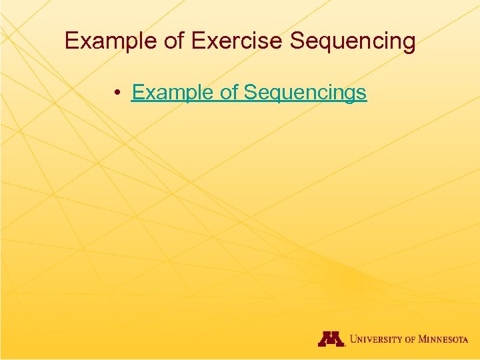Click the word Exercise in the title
click(237, 41)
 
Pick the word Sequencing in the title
click(353, 41)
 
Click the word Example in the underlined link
click(173, 92)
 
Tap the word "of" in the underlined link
click(229, 92)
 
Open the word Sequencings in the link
click(305, 92)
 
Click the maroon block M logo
click(331, 339)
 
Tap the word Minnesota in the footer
click(443, 339)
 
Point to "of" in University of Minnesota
click(409, 339)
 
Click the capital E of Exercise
click(197, 41)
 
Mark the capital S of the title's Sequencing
click(297, 41)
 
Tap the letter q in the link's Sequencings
click(273, 93)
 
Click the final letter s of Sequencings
click(362, 93)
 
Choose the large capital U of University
click(353, 339)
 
